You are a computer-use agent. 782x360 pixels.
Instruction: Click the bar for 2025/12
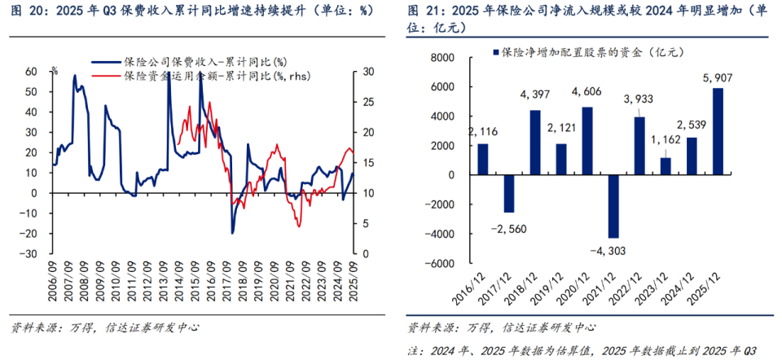click(x=718, y=131)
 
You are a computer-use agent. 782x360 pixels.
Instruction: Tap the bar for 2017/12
click(x=509, y=193)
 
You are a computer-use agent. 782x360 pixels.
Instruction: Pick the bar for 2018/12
click(x=535, y=143)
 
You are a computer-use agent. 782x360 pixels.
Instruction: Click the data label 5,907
click(x=718, y=78)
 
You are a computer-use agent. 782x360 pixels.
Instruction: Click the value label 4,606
click(x=586, y=92)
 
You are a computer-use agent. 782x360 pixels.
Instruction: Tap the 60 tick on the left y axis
click(x=31, y=72)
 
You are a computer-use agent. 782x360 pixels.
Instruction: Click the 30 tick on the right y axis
click(x=367, y=72)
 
